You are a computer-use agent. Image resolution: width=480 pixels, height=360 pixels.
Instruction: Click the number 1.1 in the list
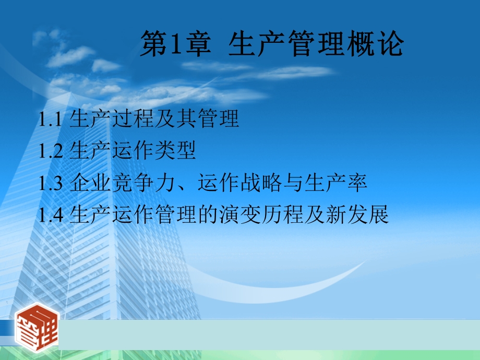(51, 120)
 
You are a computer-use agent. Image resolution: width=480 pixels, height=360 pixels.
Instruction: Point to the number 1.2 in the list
(51, 151)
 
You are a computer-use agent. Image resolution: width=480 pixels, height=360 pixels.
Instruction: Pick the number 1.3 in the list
(51, 183)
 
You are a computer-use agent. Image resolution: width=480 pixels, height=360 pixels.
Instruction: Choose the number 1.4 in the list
(51, 215)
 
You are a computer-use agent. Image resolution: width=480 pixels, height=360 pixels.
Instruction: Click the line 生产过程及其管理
(154, 119)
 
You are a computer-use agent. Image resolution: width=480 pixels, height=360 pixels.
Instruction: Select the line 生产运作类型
(133, 151)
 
